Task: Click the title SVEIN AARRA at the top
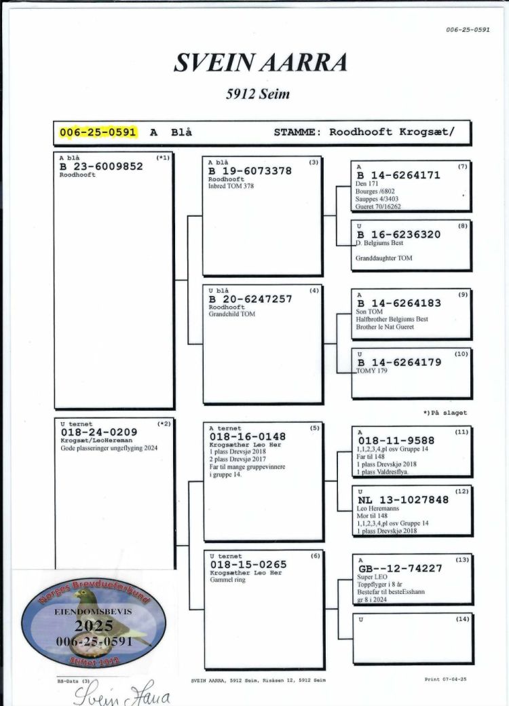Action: (261, 62)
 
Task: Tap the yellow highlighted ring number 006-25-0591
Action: (98, 132)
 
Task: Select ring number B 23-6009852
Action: (102, 166)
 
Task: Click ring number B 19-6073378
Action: (250, 171)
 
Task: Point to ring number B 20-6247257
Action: (250, 299)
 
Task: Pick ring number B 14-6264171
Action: (398, 175)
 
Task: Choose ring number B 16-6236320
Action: (398, 234)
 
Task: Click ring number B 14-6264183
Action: (398, 303)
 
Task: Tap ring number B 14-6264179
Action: (398, 363)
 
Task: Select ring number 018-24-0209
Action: (99, 432)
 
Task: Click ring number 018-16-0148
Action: (248, 436)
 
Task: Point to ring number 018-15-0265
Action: (248, 564)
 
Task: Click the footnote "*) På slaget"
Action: (445, 412)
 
